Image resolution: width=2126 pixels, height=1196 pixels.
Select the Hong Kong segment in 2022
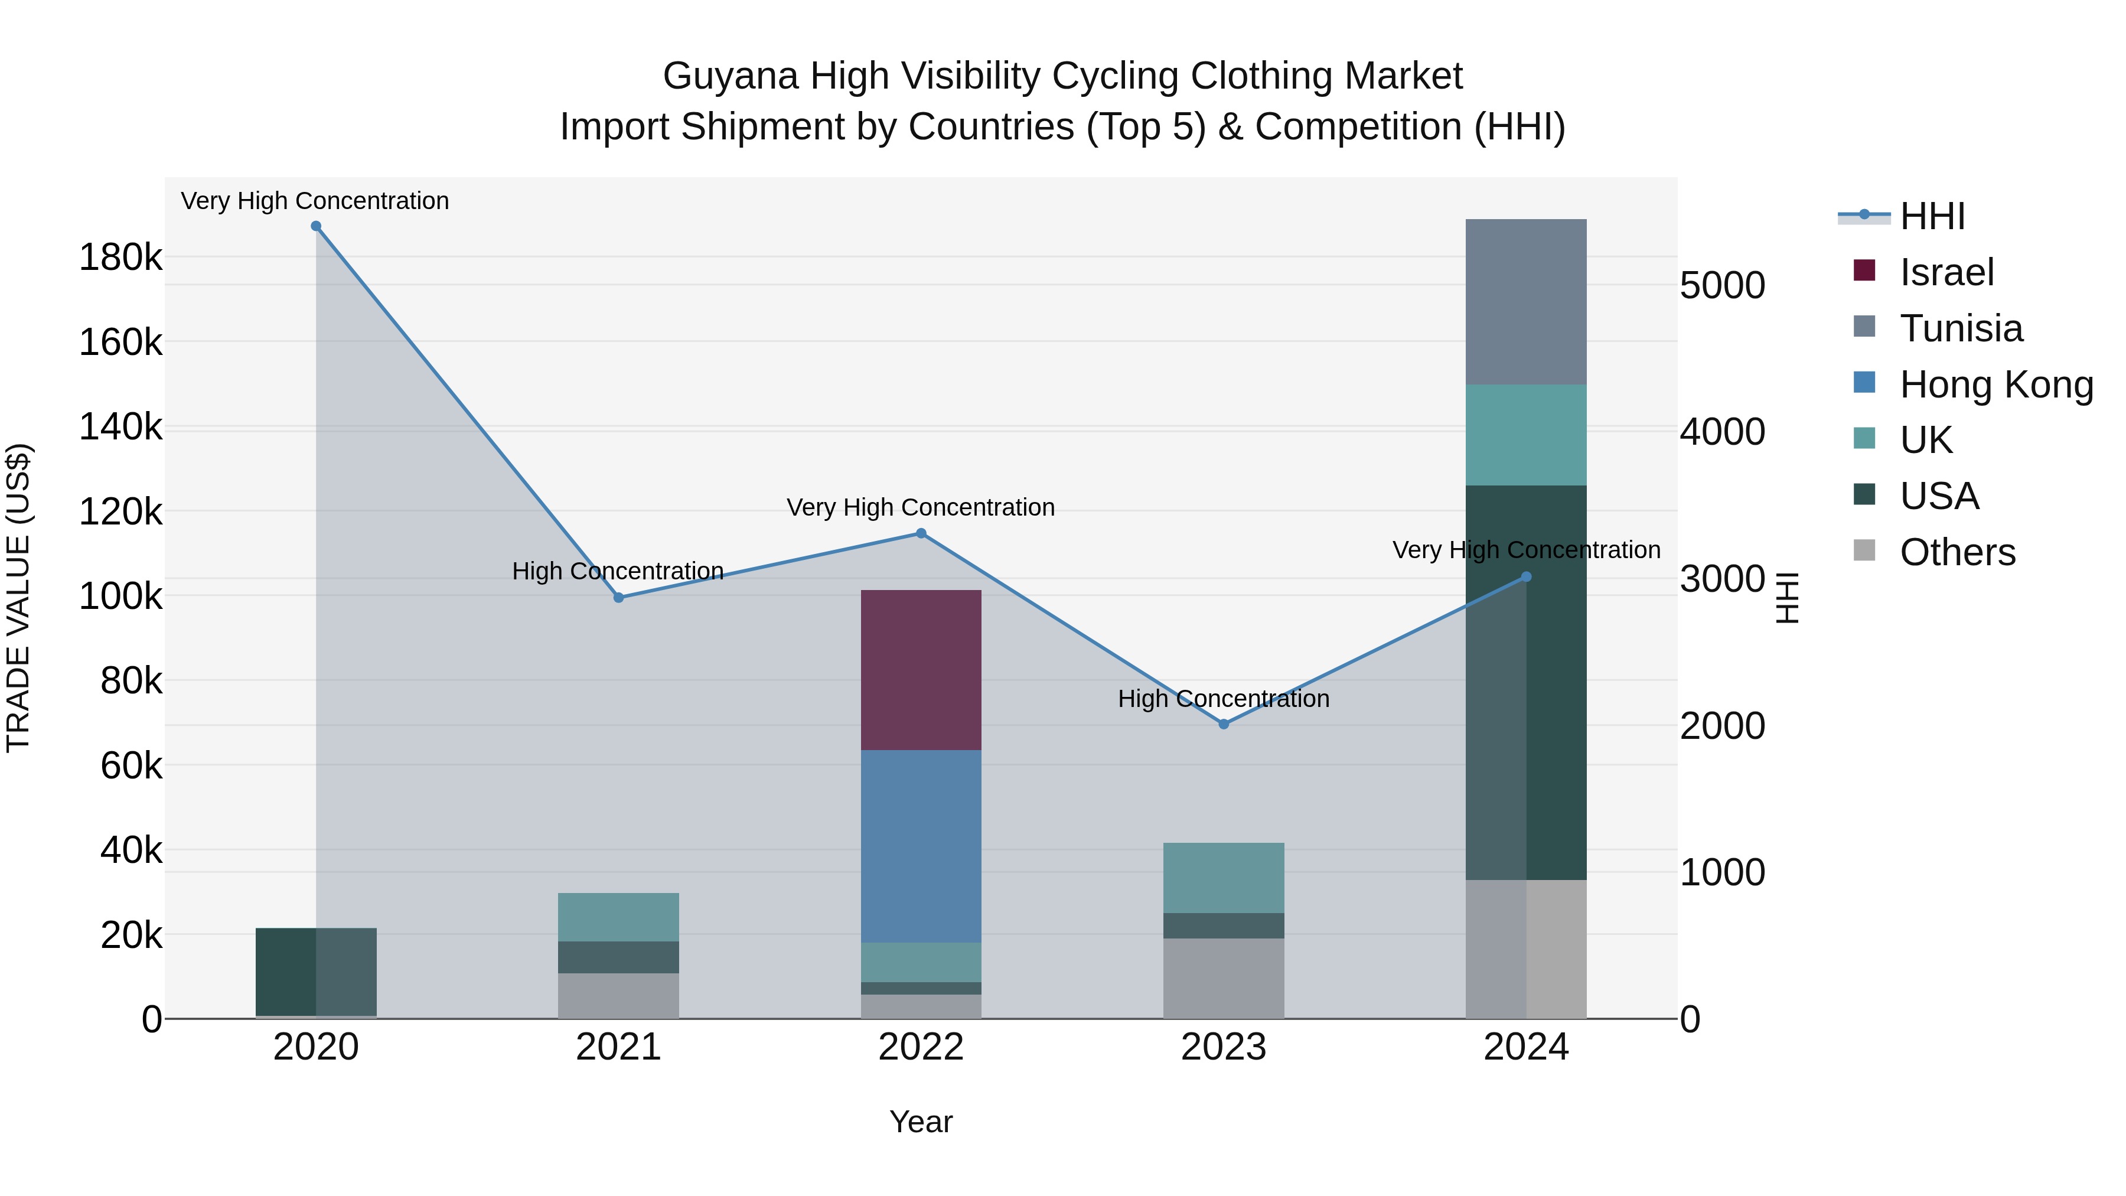click(921, 846)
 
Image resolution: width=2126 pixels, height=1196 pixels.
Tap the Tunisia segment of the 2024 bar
click(1525, 301)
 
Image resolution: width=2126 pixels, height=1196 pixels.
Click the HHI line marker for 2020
click(316, 226)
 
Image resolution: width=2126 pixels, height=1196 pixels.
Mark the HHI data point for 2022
click(921, 533)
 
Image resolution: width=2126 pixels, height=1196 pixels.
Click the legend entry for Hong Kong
click(1995, 384)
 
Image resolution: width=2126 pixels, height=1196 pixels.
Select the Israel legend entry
click(1946, 272)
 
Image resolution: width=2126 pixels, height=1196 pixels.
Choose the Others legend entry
click(1957, 552)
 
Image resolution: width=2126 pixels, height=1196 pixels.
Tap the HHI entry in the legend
click(1931, 216)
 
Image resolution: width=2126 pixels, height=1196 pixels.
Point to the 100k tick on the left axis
click(120, 596)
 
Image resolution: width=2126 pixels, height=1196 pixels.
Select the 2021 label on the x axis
click(618, 1047)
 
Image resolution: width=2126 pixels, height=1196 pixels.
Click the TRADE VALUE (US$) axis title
click(18, 598)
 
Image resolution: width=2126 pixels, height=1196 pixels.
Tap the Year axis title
click(921, 1122)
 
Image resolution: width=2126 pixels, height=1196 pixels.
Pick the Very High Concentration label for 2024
click(1525, 550)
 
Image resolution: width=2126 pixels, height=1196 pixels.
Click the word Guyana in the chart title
click(731, 76)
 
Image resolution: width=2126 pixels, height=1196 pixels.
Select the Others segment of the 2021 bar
click(618, 995)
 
